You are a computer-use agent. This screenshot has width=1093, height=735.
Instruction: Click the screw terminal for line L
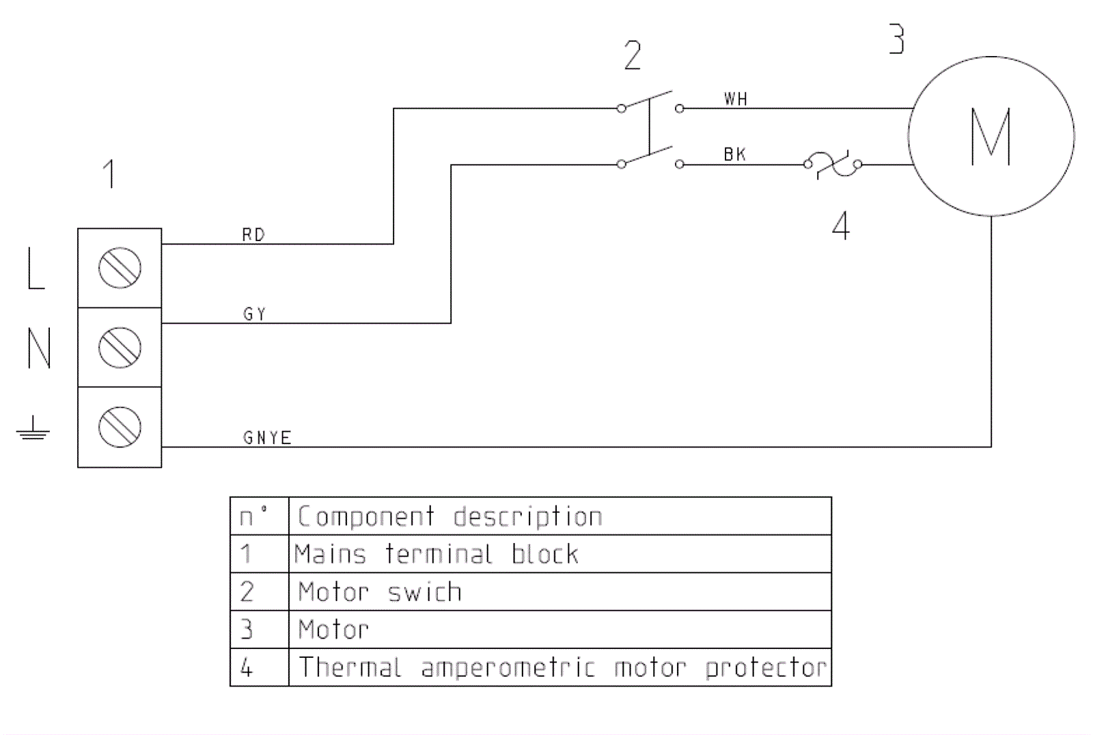120,268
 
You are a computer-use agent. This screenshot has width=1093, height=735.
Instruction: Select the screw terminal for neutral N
120,347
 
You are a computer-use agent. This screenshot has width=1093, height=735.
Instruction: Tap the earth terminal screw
120,427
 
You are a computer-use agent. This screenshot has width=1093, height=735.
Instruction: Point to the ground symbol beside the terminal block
33,430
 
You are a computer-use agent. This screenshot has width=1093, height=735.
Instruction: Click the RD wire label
253,235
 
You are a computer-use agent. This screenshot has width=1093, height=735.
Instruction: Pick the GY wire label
254,314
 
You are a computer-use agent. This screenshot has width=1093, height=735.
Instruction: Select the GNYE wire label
267,438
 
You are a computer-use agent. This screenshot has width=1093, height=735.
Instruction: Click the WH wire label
736,100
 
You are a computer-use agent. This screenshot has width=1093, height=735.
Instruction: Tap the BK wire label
735,155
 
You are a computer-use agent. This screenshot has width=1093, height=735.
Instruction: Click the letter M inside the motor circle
991,137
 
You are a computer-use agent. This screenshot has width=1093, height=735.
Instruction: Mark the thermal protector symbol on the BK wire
833,164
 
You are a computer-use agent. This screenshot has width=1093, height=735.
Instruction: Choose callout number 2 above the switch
633,55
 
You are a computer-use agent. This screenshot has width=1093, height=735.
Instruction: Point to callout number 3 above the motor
897,39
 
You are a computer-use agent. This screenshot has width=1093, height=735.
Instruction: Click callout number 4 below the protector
841,225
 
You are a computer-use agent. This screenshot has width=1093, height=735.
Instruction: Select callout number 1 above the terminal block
109,174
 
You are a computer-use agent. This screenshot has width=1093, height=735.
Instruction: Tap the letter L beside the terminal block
36,268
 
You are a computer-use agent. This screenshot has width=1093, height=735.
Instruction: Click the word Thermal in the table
350,667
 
